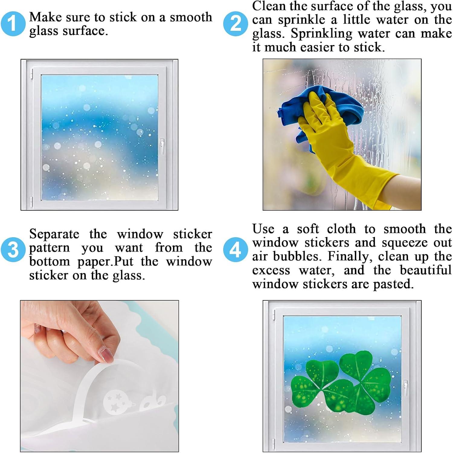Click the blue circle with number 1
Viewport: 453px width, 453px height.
13,24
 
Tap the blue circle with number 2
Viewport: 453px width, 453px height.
236,24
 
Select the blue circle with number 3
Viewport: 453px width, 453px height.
13,250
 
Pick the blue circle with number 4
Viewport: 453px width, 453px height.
236,250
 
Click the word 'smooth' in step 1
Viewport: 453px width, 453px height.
191,17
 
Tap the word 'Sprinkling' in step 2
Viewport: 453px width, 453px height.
321,34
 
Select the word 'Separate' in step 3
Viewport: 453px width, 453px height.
54,234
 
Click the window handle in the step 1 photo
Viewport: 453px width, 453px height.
162,146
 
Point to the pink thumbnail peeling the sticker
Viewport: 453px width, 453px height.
107,354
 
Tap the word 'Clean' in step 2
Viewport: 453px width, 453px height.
269,6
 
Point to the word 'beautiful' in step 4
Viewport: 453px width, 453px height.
426,270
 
